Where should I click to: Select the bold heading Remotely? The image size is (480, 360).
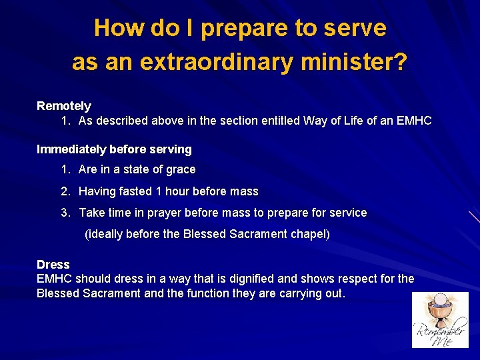64,106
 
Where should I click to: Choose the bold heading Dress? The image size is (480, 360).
53,265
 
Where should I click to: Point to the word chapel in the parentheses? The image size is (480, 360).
307,234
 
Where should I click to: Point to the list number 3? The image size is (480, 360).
65,213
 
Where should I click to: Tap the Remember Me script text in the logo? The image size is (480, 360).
440,333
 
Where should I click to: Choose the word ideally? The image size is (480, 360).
107,234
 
